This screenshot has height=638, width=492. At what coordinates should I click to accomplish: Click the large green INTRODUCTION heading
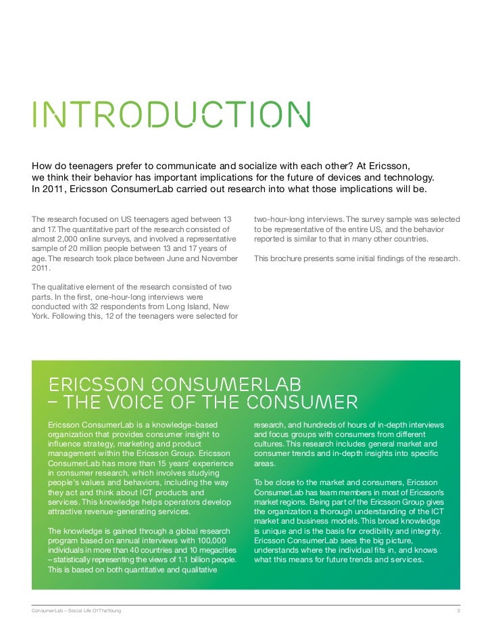(172, 116)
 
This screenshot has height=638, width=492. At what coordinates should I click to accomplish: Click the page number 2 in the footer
(458, 612)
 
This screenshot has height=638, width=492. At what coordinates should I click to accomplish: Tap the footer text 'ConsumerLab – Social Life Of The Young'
(76, 612)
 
